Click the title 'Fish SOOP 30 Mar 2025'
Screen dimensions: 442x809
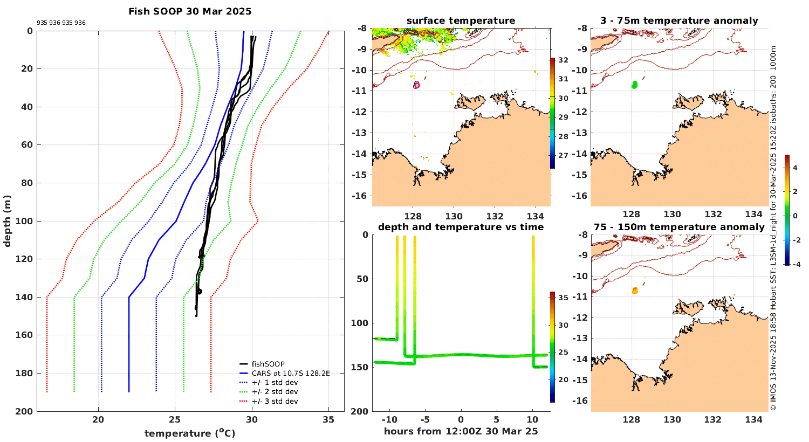click(190, 11)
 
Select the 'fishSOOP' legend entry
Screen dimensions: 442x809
click(268, 364)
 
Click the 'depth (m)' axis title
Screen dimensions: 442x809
click(8, 221)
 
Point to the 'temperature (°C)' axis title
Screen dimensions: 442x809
click(190, 433)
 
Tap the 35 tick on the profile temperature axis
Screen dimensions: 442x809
click(328, 420)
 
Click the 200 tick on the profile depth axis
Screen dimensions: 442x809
click(26, 411)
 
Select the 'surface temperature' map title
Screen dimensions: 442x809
click(461, 21)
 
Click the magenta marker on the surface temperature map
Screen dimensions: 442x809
click(416, 85)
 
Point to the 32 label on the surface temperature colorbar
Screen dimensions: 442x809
click(563, 60)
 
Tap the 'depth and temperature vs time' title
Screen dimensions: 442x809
click(461, 227)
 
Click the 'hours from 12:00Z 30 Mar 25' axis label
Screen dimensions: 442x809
click(461, 431)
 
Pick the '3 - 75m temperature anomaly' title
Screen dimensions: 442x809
click(679, 21)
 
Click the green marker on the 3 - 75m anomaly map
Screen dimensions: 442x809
click(634, 85)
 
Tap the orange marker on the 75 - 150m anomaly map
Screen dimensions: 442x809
click(635, 291)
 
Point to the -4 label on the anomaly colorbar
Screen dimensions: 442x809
click(795, 264)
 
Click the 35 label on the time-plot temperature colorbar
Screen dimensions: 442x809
click(563, 298)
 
